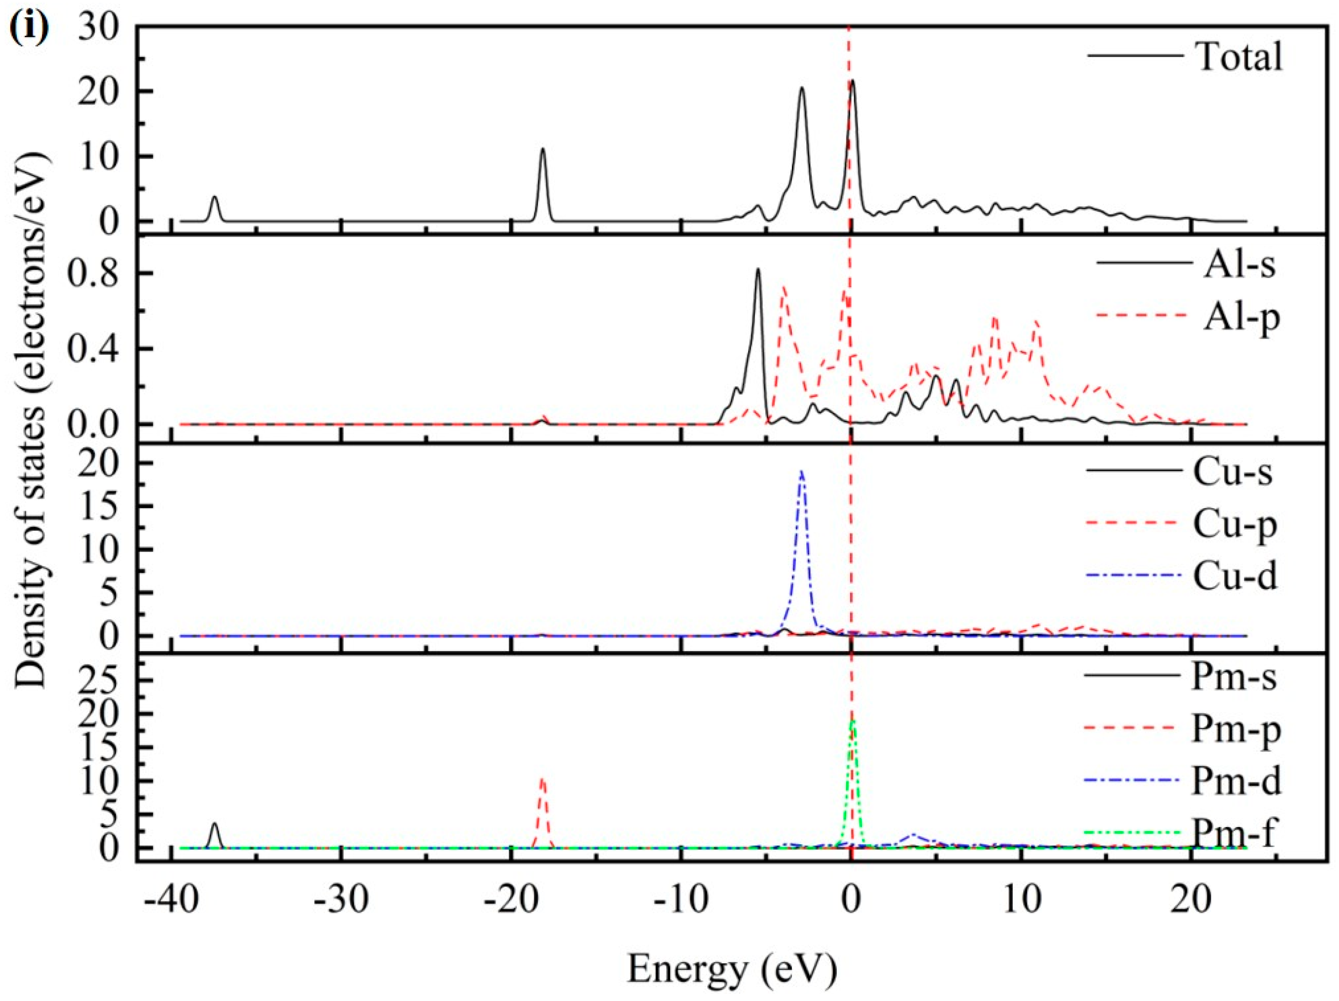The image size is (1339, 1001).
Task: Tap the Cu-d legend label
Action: (1235, 576)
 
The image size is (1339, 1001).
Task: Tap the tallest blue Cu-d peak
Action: (802, 472)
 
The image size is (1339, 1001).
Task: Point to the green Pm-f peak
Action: (852, 722)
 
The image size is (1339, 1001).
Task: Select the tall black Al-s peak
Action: (758, 270)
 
